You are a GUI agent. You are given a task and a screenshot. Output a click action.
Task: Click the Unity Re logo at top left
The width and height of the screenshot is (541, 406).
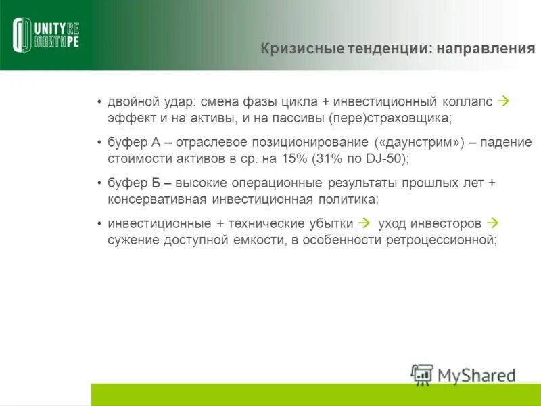pos(46,35)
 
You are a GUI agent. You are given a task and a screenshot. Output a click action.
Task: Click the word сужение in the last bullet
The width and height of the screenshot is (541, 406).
pos(133,240)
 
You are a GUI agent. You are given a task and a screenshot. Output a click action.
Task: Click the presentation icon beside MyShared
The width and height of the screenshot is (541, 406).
pos(422,375)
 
